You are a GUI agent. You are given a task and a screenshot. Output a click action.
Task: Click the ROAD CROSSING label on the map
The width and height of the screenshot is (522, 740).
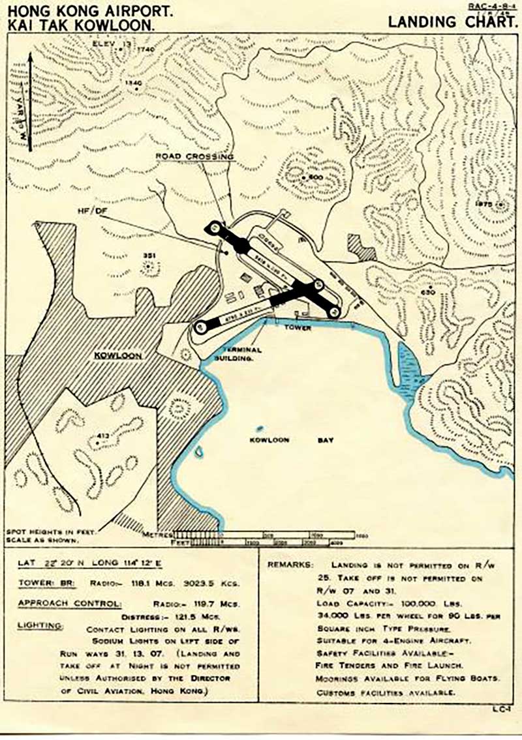point(194,157)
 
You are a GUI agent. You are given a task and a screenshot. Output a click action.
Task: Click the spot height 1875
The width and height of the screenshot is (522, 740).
point(485,204)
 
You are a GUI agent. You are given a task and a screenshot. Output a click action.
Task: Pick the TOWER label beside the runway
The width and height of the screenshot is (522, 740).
point(298,328)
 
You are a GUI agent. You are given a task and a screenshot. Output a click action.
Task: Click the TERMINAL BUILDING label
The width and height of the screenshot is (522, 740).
point(236,353)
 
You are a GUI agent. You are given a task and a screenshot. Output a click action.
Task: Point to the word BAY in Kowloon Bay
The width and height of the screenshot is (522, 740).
point(325,440)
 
